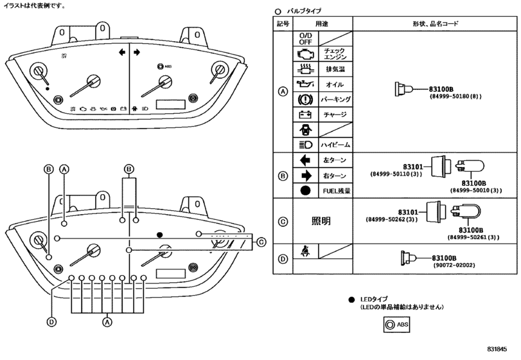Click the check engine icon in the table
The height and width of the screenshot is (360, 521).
306,54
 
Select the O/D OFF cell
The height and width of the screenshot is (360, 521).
305,39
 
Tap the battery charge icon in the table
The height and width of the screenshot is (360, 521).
305,114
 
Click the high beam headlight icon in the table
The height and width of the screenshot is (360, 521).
306,145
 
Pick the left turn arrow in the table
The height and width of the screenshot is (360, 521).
305,161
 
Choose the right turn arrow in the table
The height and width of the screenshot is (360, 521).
306,176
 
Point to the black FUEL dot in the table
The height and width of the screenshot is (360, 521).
305,191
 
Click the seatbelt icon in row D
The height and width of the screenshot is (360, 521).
306,251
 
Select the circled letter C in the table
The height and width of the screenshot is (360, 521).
283,221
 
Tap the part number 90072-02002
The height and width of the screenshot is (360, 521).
454,265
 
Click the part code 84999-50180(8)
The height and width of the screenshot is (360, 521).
455,96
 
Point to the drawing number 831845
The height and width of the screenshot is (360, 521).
497,349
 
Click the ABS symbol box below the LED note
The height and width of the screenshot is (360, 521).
396,325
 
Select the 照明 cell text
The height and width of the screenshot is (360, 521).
321,221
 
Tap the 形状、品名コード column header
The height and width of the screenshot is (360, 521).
436,24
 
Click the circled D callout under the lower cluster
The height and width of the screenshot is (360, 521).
51,322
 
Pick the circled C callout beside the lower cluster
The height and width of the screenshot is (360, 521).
261,242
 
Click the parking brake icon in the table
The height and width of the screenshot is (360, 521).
305,100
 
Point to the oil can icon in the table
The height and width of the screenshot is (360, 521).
306,84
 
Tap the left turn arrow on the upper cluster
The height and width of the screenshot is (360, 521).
122,52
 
